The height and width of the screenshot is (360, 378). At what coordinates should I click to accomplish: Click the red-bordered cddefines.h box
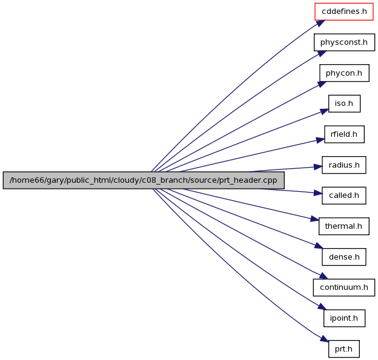pyautogui.click(x=344, y=11)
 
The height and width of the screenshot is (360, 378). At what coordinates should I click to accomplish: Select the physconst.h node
pyautogui.click(x=344, y=42)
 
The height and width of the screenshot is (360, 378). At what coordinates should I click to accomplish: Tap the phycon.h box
pyautogui.click(x=344, y=73)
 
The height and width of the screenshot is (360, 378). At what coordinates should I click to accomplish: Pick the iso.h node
pyautogui.click(x=344, y=103)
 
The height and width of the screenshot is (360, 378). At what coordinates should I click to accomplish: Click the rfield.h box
pyautogui.click(x=344, y=134)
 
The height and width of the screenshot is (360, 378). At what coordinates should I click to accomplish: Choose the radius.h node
pyautogui.click(x=344, y=165)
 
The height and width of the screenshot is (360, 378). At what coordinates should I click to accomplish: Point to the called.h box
pyautogui.click(x=344, y=195)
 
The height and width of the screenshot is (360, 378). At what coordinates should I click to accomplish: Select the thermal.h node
pyautogui.click(x=344, y=226)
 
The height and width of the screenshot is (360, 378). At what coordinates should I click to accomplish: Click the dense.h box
pyautogui.click(x=344, y=257)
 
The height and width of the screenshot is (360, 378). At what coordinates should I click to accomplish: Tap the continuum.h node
pyautogui.click(x=344, y=287)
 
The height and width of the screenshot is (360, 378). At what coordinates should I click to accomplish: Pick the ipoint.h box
pyautogui.click(x=344, y=318)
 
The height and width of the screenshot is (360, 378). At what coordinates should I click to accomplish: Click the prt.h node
pyautogui.click(x=344, y=349)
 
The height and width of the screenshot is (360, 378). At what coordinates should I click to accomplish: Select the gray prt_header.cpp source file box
pyautogui.click(x=144, y=180)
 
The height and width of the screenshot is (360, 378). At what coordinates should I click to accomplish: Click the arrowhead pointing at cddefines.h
pyautogui.click(x=320, y=23)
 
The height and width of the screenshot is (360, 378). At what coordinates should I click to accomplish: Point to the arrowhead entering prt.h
pyautogui.click(x=324, y=339)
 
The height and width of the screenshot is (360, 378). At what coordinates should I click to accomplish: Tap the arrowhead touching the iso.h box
pyautogui.click(x=325, y=111)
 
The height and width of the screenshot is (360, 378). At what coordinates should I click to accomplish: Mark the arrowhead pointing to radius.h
pyautogui.click(x=318, y=166)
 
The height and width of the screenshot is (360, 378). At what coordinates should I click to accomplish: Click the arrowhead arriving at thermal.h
pyautogui.click(x=315, y=219)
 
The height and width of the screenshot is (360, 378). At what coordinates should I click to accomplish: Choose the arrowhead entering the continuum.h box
pyautogui.click(x=323, y=276)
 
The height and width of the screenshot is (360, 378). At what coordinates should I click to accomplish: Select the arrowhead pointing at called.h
pyautogui.click(x=318, y=194)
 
